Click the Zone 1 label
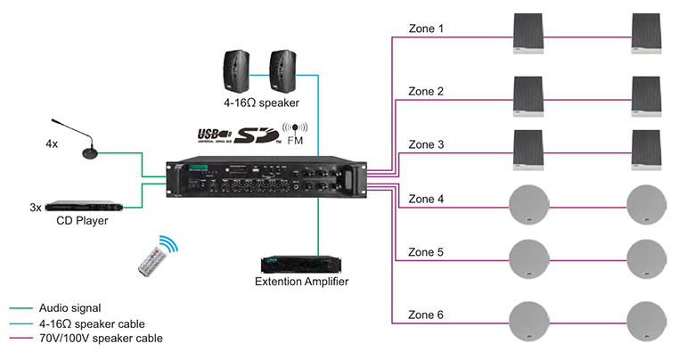click(425, 29)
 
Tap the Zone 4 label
click(425, 199)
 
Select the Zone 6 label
click(425, 315)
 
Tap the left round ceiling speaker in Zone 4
click(530, 206)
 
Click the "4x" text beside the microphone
click(52, 143)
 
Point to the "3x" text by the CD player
click(36, 207)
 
